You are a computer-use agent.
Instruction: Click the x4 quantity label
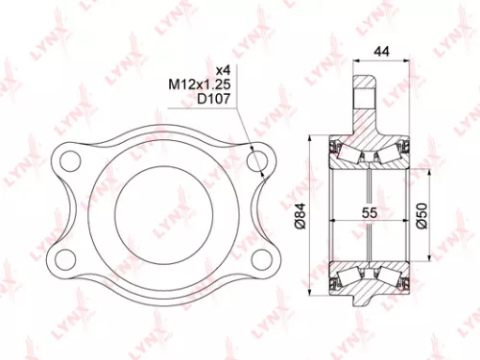[x=223, y=70]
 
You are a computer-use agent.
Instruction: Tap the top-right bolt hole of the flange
[x=255, y=158]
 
